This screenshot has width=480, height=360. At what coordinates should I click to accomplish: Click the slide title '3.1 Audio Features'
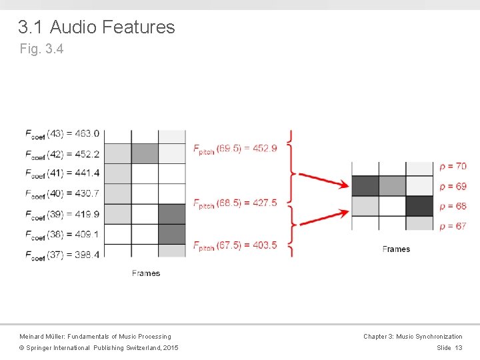pyautogui.click(x=97, y=27)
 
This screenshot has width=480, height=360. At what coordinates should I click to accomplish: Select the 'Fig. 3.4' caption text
pyautogui.click(x=41, y=49)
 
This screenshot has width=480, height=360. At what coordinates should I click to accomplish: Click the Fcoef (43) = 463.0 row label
pyautogui.click(x=62, y=134)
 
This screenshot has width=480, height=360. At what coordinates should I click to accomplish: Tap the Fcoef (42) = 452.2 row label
pyautogui.click(x=62, y=154)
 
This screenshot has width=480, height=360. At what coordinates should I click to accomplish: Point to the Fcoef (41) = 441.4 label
pyautogui.click(x=62, y=173)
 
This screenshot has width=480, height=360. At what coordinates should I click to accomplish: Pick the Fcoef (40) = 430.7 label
pyautogui.click(x=62, y=194)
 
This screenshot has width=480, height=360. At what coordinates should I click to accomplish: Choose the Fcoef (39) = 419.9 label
pyautogui.click(x=62, y=214)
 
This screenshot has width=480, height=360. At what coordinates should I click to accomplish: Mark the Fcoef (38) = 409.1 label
pyautogui.click(x=62, y=234)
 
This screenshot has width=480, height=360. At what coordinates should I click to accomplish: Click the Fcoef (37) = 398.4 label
pyautogui.click(x=62, y=254)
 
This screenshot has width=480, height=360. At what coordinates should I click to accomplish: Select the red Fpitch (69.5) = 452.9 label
pyautogui.click(x=235, y=149)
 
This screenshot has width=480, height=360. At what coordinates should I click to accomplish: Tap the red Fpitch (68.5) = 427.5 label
pyautogui.click(x=235, y=203)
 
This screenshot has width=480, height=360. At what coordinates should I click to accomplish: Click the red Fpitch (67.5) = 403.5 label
pyautogui.click(x=235, y=245)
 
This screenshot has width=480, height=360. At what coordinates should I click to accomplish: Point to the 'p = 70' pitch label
pyautogui.click(x=453, y=166)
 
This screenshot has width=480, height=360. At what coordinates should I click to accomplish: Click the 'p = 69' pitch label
pyautogui.click(x=453, y=186)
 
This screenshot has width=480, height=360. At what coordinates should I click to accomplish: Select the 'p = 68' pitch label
pyautogui.click(x=453, y=206)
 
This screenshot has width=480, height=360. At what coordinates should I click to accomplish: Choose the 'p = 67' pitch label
pyautogui.click(x=453, y=226)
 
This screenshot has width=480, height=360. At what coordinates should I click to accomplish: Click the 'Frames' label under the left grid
pyautogui.click(x=146, y=273)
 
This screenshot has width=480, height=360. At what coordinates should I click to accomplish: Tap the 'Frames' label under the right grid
pyautogui.click(x=396, y=249)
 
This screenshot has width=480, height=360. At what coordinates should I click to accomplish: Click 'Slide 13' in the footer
pyautogui.click(x=449, y=348)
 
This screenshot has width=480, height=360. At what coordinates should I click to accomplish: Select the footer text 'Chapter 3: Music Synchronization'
pyautogui.click(x=413, y=337)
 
